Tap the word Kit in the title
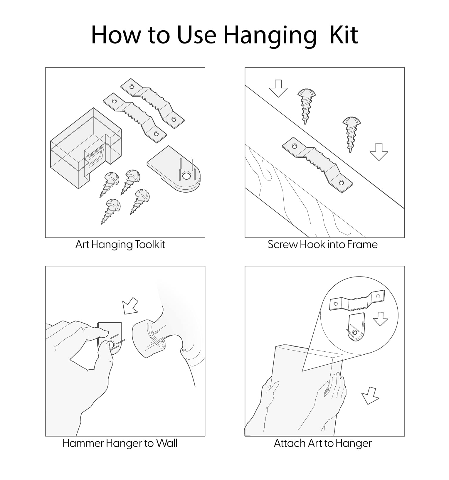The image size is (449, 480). (344, 34)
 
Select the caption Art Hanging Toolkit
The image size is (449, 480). (120, 245)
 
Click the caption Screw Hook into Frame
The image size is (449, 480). (322, 244)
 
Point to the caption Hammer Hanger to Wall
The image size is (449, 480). (120, 443)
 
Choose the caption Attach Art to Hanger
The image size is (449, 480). (323, 443)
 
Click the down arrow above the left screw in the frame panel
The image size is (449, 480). (278, 88)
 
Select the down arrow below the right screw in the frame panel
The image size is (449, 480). (379, 151)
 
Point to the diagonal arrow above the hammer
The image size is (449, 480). (130, 306)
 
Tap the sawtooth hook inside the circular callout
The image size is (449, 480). (357, 301)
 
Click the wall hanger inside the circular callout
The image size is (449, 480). (356, 327)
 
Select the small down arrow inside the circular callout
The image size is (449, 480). (381, 319)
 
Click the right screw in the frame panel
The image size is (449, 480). (351, 134)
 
